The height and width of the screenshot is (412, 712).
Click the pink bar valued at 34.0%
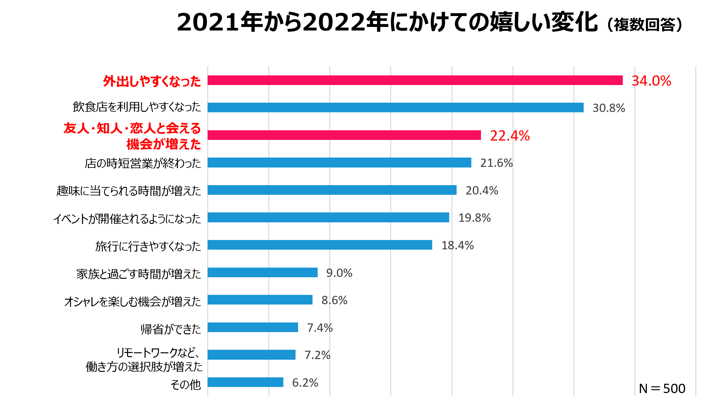coord(415,80)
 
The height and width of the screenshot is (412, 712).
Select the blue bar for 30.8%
coord(395,107)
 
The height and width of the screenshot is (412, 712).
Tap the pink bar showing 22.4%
coord(344,135)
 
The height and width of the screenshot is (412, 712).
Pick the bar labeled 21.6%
coord(339,163)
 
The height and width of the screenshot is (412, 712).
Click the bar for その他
coord(245,382)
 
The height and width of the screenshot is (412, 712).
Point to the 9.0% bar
coord(262,272)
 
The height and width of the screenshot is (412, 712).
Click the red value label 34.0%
coord(651,81)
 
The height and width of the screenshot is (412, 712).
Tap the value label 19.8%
coord(474,218)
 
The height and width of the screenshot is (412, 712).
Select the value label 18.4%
coord(457,245)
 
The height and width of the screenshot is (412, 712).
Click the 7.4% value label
coord(320,328)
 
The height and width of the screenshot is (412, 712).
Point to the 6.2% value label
coord(305,383)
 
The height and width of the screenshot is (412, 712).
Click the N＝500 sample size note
coord(662,389)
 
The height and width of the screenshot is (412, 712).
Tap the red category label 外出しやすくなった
coord(152,81)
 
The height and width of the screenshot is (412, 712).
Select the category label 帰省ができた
coord(171,329)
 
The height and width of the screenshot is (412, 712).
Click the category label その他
coord(185,384)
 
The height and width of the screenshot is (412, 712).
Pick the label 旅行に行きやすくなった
coord(148,246)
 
